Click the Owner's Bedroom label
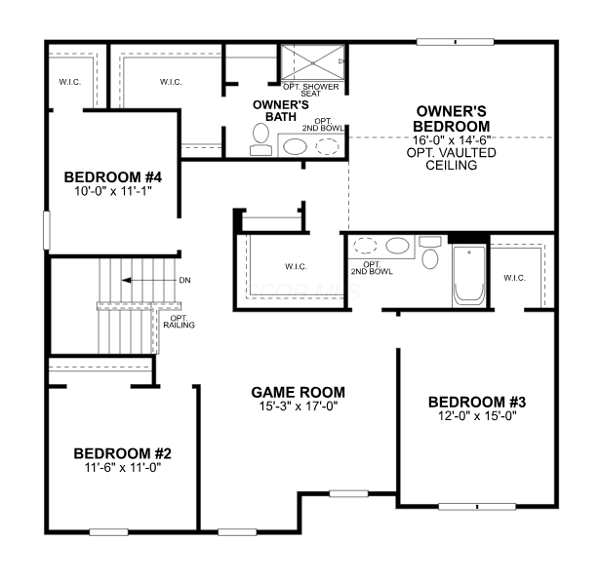pos(451,119)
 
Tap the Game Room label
pos(299,392)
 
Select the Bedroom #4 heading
pos(113,177)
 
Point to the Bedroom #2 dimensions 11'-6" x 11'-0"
pos(123,467)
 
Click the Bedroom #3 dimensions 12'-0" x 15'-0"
pos(477,415)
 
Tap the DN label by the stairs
pos(184,280)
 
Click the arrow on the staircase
pos(149,280)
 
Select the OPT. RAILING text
pos(180,322)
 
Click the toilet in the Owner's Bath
pos(260,139)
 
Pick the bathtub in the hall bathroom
pos(469,276)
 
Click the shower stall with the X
pos(313,62)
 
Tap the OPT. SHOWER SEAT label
pos(310,91)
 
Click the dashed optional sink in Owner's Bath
pos(327,146)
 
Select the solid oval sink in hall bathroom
pos(398,246)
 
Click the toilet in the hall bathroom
pos(430,252)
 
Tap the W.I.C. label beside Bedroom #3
pos(515,278)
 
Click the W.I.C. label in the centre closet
pos(296,266)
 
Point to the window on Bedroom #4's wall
pos(47,230)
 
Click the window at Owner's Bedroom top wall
pos(455,42)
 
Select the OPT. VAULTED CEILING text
pos(451,159)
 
